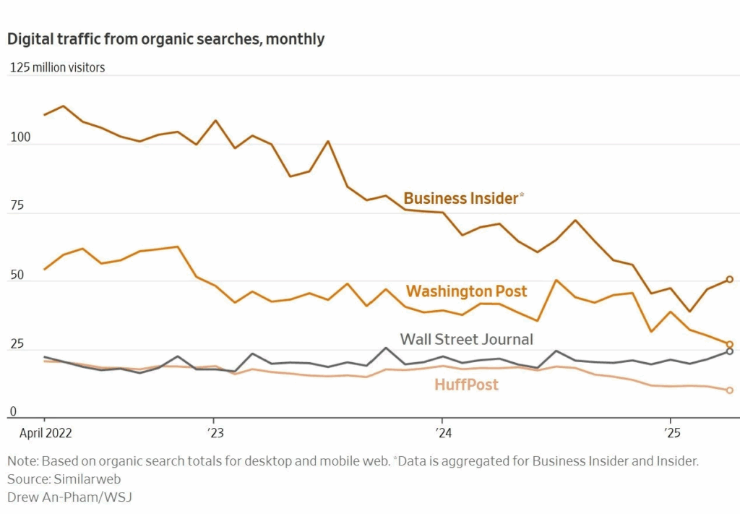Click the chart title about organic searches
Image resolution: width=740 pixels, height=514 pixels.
[x=165, y=39]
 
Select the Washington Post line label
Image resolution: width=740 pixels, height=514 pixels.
[x=466, y=291]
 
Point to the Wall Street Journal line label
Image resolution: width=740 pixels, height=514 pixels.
[x=466, y=339]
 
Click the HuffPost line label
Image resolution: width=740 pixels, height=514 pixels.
[x=466, y=385]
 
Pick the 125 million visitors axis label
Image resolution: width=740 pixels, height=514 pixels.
[x=57, y=67]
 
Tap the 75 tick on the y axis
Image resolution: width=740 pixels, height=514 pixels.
[x=15, y=205]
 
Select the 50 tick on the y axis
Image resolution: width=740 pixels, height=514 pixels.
[x=16, y=275]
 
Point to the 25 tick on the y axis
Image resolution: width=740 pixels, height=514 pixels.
[x=15, y=343]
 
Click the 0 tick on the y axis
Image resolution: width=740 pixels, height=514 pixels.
[x=12, y=412]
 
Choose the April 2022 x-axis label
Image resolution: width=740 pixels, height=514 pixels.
[x=44, y=434]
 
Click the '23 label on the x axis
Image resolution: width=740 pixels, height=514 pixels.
[x=215, y=434]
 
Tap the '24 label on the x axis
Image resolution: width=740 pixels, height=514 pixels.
[x=442, y=434]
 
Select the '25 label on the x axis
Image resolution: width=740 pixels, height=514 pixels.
[x=671, y=434]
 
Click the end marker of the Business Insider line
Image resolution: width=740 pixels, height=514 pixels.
[x=730, y=279]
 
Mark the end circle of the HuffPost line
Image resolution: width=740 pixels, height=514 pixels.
[x=730, y=390]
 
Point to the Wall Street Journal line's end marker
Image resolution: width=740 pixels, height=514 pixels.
[x=730, y=351]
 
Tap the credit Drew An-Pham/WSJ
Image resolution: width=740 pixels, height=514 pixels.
[x=69, y=497]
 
